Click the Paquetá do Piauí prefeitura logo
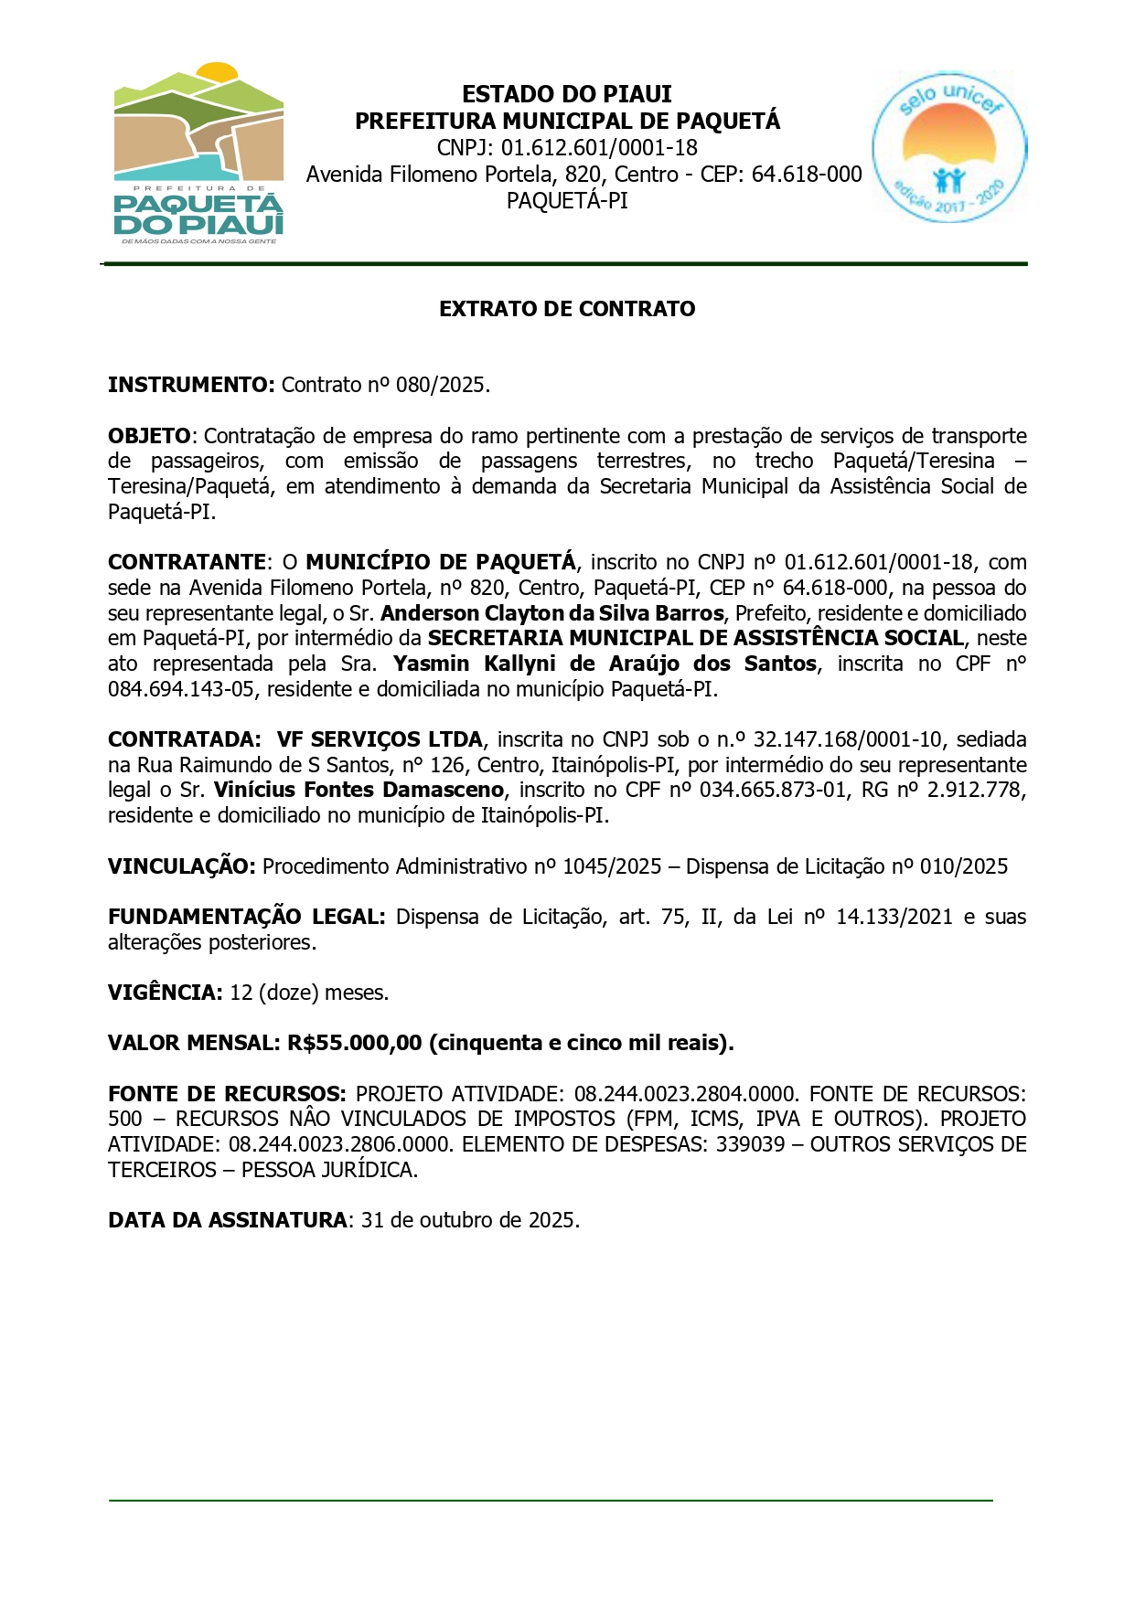[x=198, y=153]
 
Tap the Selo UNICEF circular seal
[x=948, y=145]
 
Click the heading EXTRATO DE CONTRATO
[x=567, y=309]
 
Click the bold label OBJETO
[x=150, y=436]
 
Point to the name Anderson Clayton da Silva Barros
[x=552, y=613]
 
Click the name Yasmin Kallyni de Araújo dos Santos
[x=605, y=664]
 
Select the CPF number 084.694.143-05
[x=181, y=689]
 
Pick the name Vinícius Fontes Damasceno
[x=359, y=790]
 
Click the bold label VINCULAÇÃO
[x=181, y=866]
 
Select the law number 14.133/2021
[x=894, y=917]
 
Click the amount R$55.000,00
[x=355, y=1043]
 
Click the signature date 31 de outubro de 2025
[x=470, y=1220]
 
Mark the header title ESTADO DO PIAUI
[x=567, y=94]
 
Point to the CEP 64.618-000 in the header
[x=806, y=174]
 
